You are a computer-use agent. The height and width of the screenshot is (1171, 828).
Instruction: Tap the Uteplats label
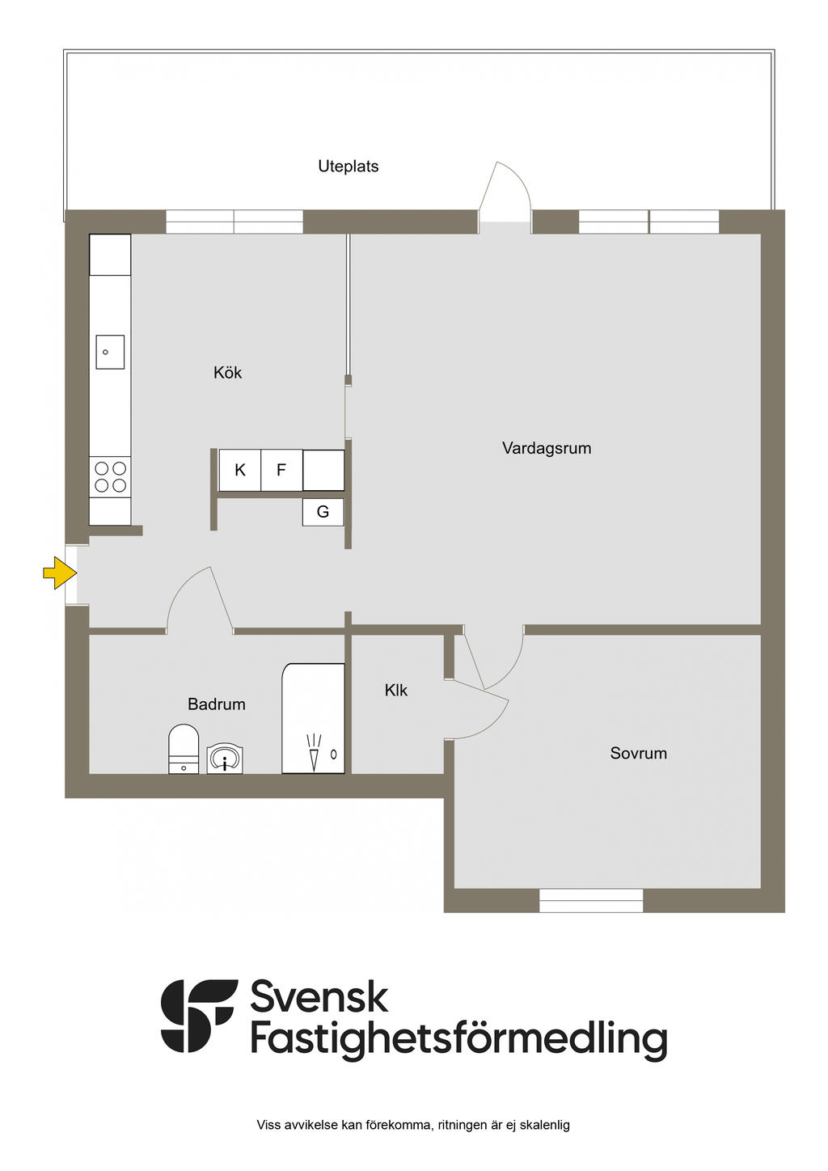[x=348, y=167]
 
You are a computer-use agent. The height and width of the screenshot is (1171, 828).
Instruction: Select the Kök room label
[x=227, y=373]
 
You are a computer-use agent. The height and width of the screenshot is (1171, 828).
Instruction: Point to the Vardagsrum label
[x=547, y=448]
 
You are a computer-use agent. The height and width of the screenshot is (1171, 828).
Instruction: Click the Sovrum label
[x=638, y=754]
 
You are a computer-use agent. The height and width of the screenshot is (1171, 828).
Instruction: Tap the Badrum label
[x=216, y=704]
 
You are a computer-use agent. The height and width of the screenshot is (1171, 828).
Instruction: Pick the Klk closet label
[x=395, y=691]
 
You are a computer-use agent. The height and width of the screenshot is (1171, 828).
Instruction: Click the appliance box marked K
[x=240, y=470]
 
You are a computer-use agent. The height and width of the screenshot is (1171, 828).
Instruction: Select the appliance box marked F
[x=281, y=470]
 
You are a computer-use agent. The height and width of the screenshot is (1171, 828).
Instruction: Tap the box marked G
[x=323, y=512]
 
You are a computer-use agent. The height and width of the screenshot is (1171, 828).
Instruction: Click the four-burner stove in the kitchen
[x=111, y=476]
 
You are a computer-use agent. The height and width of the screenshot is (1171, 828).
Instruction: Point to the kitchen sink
[x=110, y=352]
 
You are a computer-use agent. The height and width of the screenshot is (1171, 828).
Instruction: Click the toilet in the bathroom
[x=184, y=749]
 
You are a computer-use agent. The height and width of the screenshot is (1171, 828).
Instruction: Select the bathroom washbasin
[x=225, y=759]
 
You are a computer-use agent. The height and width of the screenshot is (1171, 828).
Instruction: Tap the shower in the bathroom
[x=314, y=719]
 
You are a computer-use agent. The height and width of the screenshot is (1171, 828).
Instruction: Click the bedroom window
[x=591, y=900]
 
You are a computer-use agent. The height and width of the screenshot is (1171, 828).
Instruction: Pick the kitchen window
[x=234, y=222]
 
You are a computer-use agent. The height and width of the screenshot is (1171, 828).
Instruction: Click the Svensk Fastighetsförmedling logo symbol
[x=199, y=1016]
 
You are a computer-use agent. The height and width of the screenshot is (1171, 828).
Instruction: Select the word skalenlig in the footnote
[x=544, y=1125]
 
